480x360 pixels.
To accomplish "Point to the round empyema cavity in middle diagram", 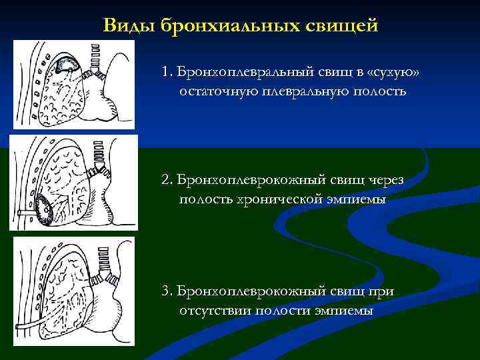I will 47,211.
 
